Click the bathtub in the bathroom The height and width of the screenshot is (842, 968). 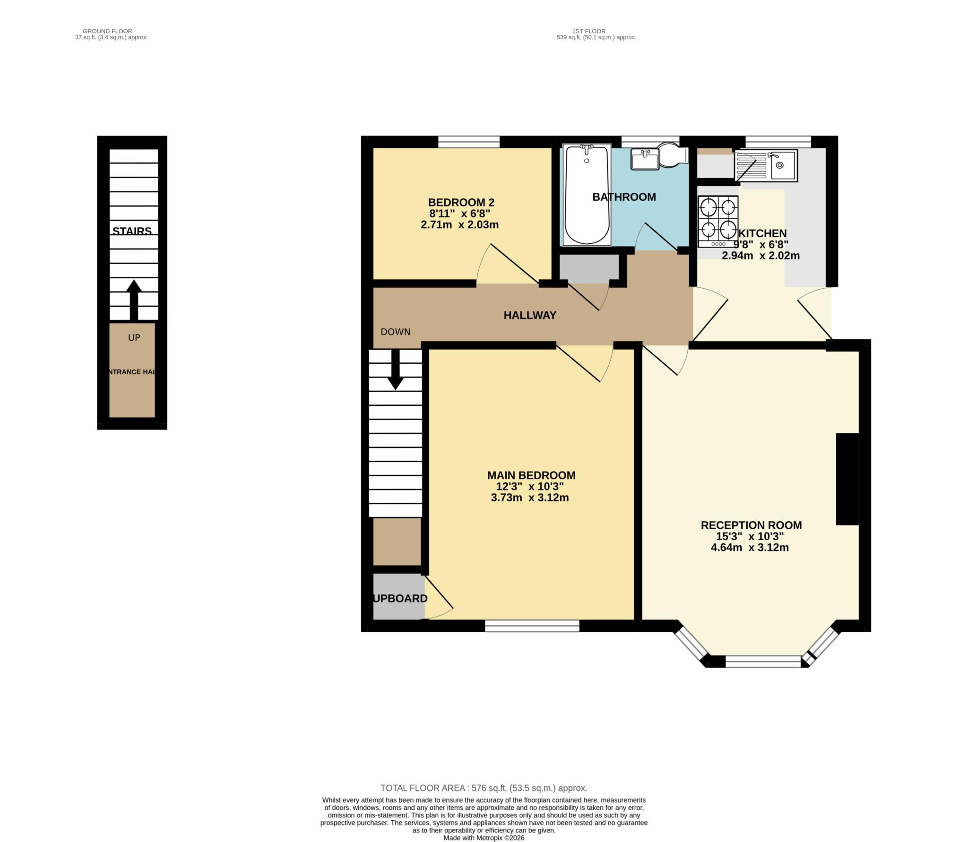[x=587, y=195]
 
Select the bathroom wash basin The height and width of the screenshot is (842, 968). [x=644, y=159]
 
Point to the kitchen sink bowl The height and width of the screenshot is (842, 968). [x=782, y=165]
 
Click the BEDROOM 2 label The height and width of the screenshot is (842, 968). [x=461, y=203]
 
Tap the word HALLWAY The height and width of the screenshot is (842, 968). [x=529, y=315]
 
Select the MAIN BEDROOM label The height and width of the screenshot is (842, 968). [x=531, y=475]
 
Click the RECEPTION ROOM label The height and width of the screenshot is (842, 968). [x=751, y=525]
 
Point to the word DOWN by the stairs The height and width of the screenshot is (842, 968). [x=395, y=332]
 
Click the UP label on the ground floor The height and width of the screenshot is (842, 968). [x=134, y=337]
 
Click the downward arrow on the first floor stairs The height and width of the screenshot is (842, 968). [x=395, y=371]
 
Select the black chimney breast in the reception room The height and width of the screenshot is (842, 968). [x=847, y=479]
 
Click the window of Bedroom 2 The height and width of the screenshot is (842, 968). [x=468, y=142]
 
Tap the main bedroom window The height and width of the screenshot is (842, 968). [x=532, y=626]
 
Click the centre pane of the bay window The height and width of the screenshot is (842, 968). [x=763, y=661]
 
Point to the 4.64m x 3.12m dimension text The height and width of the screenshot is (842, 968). [x=749, y=548]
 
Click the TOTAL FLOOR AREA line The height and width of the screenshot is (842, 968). [x=484, y=788]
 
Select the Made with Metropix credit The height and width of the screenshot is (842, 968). [x=484, y=838]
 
